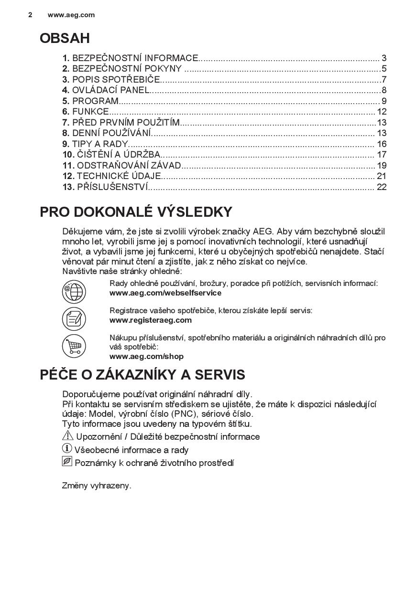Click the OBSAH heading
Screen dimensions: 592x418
point(65,38)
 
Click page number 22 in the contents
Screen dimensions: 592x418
point(381,187)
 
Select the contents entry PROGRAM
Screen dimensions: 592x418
point(95,101)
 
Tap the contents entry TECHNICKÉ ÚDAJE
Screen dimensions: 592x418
point(119,176)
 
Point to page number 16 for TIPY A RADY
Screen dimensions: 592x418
point(381,144)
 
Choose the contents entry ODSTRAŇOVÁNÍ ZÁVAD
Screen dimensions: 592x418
point(129,165)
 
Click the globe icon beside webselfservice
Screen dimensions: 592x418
point(74,291)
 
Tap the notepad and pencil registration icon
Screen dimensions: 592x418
point(74,318)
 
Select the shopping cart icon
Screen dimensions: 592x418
point(74,346)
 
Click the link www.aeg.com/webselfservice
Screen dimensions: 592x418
point(165,293)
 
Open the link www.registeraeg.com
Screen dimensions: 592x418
point(150,320)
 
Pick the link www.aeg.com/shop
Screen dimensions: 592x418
point(146,356)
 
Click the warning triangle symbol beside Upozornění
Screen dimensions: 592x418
point(67,435)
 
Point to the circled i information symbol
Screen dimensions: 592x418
point(67,448)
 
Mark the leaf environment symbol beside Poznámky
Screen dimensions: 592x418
point(67,461)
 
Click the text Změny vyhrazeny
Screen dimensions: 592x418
point(97,486)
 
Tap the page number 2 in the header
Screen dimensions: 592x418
point(30,15)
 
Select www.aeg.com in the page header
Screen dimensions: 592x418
point(71,15)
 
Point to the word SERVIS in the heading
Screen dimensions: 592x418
point(218,374)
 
